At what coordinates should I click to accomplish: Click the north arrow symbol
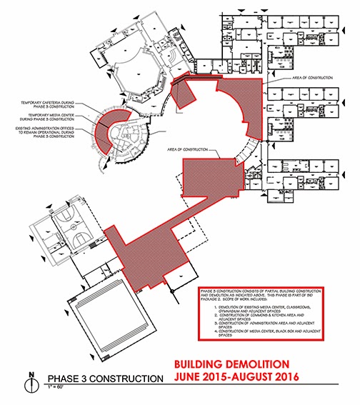(x=29, y=383)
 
